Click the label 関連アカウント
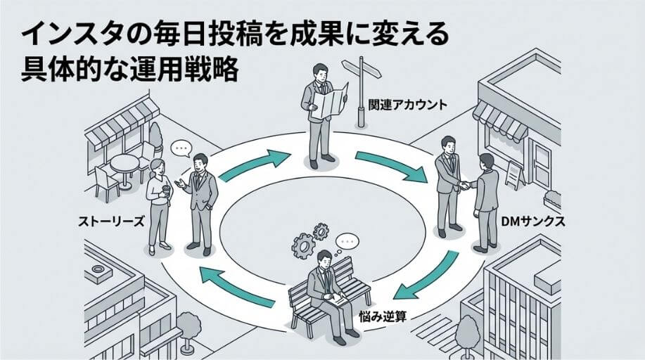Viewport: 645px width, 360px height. pos(407,105)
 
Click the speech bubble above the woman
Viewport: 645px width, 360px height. pos(181,149)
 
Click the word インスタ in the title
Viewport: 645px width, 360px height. pos(60,35)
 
